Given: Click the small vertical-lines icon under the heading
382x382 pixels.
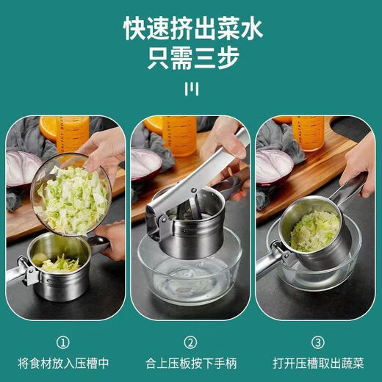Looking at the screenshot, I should point(191,89).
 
